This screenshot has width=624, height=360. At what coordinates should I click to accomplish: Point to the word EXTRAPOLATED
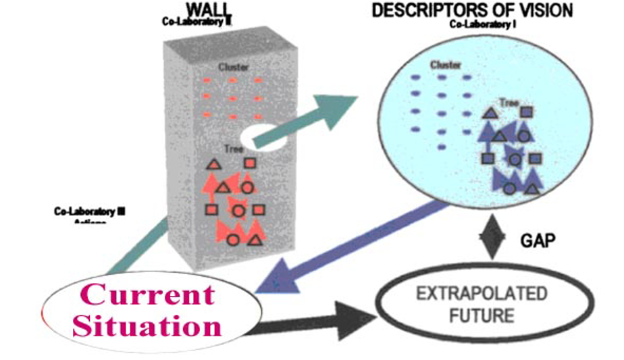click(x=482, y=294)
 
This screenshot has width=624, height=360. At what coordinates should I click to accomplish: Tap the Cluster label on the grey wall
click(x=233, y=68)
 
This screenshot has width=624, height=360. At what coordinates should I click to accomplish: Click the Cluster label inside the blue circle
click(x=446, y=65)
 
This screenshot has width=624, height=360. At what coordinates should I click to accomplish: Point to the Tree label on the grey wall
click(x=226, y=150)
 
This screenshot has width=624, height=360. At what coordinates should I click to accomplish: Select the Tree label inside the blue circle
click(x=508, y=103)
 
